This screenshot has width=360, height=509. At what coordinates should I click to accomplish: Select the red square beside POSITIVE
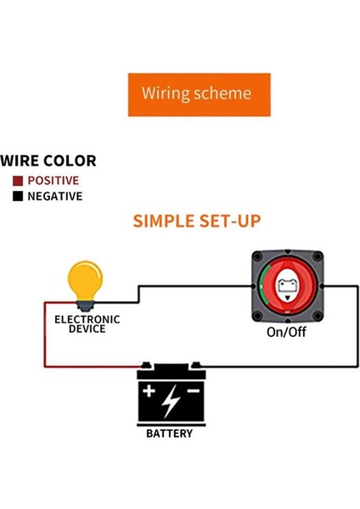coord(18,181)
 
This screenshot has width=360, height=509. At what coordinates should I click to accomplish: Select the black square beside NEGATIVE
coord(18,197)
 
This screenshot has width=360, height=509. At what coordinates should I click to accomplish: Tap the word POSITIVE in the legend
coord(53,181)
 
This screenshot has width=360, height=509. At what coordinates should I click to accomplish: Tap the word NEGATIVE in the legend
coord(55,197)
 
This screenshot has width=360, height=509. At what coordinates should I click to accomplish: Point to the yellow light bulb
coord(85,282)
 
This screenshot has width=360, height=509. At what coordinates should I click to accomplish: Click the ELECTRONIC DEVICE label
coord(87,324)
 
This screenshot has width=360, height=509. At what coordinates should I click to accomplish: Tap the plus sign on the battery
coord(149,393)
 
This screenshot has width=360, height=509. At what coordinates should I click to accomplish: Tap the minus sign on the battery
coord(194,391)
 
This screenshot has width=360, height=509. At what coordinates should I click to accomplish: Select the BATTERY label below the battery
coord(170,433)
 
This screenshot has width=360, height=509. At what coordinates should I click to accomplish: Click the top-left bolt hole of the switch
coord(256,258)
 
